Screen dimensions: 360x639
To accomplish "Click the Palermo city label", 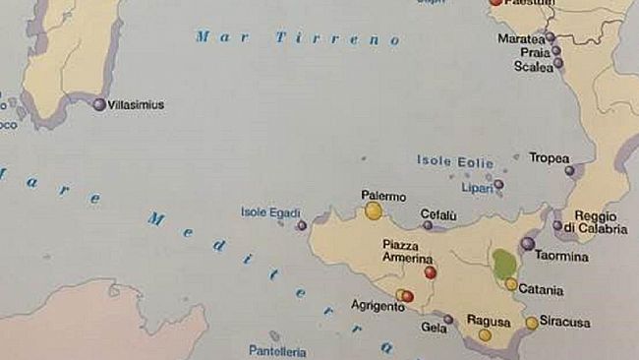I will pyautogui.click(x=383, y=196).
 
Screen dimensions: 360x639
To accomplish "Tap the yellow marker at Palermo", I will pyautogui.click(x=374, y=210).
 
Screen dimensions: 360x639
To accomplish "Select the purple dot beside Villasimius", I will pyautogui.click(x=98, y=103).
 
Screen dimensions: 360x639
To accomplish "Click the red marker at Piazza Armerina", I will pyautogui.click(x=430, y=271).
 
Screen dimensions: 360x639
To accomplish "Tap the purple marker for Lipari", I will pyautogui.click(x=498, y=184).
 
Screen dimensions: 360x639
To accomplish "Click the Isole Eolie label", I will pyautogui.click(x=454, y=160).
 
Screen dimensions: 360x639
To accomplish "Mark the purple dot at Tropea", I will pyautogui.click(x=569, y=170).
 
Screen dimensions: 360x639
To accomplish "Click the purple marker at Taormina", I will pyautogui.click(x=528, y=243).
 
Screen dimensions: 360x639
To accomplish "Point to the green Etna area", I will pyautogui.click(x=504, y=264).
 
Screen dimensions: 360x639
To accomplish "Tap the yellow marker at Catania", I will pyautogui.click(x=511, y=284).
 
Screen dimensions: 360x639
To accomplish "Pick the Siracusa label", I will pyautogui.click(x=564, y=322).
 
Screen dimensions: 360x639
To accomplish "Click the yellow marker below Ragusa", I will pyautogui.click(x=485, y=335).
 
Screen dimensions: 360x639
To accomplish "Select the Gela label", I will pyautogui.click(x=434, y=328).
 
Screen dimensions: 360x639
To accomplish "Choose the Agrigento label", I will pyautogui.click(x=378, y=306).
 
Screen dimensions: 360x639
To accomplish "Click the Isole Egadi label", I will pyautogui.click(x=270, y=212).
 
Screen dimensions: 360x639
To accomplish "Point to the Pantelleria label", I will pyautogui.click(x=277, y=351).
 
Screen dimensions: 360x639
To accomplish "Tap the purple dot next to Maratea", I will pyautogui.click(x=552, y=38).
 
